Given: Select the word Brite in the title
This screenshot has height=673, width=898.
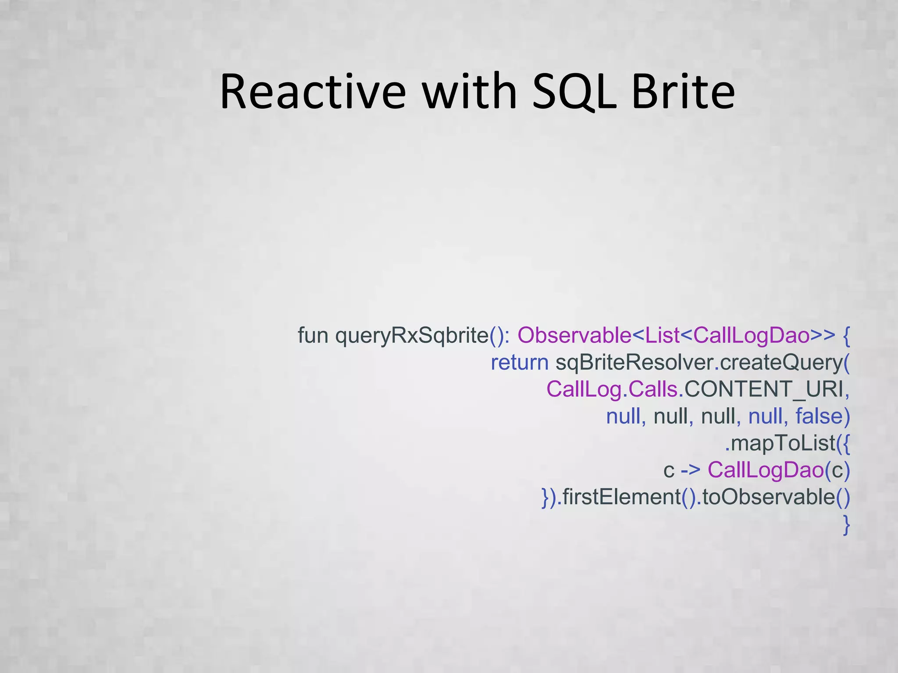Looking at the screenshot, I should click(683, 92).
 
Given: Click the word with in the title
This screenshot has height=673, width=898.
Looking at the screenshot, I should click(470, 92).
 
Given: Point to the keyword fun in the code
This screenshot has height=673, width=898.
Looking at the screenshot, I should click(313, 336).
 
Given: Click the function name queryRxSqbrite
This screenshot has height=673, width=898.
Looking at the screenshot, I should click(412, 336).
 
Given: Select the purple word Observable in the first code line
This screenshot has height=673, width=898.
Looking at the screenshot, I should click(574, 336).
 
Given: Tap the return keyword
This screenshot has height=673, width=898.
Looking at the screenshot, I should click(519, 363).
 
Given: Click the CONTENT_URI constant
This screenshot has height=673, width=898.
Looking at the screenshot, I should click(764, 390).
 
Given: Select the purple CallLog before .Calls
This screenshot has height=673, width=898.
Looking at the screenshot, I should click(584, 390).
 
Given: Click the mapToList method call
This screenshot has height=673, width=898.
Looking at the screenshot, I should click(783, 443).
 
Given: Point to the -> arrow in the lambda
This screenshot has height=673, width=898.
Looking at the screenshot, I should click(691, 470).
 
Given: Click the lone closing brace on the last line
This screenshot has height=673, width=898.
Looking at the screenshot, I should click(846, 525).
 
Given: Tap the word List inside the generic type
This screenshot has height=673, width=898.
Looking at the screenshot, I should click(662, 336).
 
